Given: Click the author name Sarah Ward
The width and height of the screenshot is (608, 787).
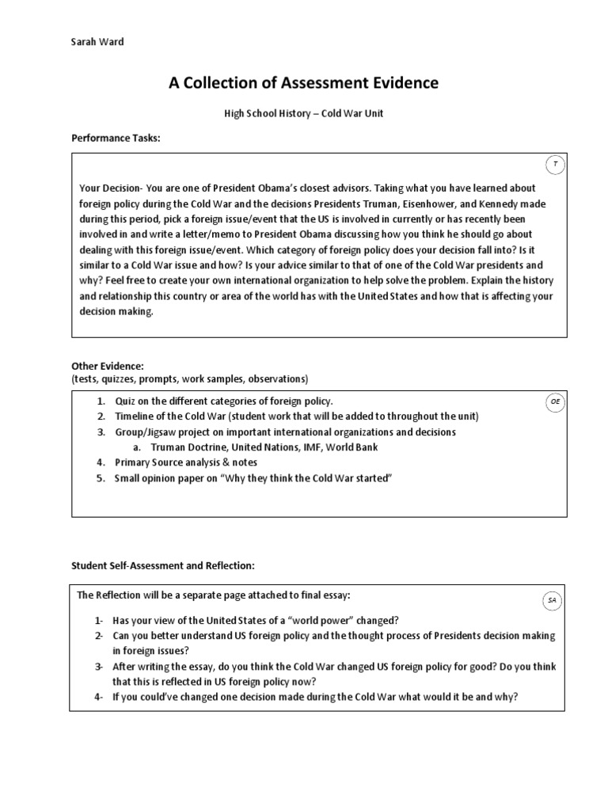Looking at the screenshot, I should click(x=98, y=42).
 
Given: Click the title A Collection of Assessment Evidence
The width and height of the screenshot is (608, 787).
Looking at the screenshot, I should click(x=303, y=83).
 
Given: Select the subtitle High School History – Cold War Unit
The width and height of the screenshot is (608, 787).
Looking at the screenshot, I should click(x=303, y=114).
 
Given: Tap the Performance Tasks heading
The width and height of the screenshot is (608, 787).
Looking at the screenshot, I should click(x=116, y=139).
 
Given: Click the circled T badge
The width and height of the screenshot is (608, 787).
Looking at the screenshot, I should click(x=555, y=165).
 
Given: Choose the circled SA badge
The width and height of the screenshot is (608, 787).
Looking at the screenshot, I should click(x=552, y=601).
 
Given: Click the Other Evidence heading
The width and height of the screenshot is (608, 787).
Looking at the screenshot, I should click(x=108, y=367).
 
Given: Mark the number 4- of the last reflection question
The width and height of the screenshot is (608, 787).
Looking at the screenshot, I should click(x=100, y=696).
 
